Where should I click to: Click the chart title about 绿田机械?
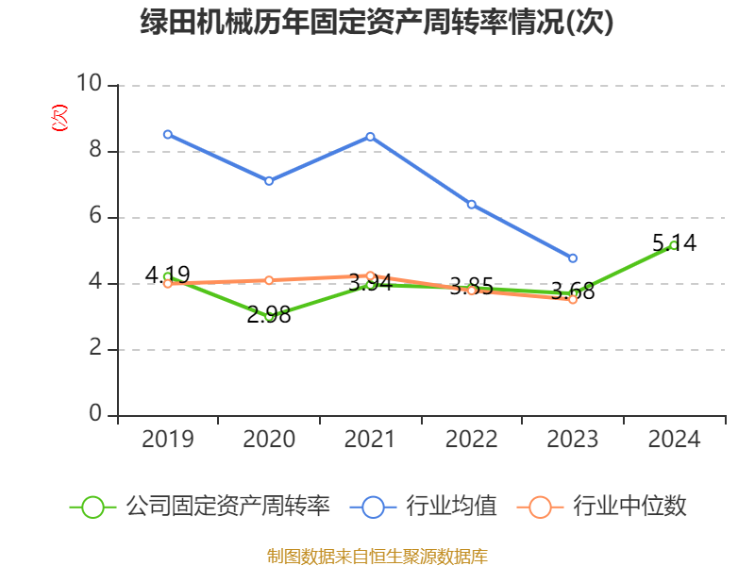click(x=377, y=23)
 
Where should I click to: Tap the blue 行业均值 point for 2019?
click(x=168, y=134)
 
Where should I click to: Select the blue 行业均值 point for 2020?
click(x=269, y=181)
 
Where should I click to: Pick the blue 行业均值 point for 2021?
click(x=370, y=137)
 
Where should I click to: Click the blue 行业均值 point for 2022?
click(x=471, y=204)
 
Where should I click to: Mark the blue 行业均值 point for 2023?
click(x=573, y=258)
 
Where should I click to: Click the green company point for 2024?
click(x=673, y=245)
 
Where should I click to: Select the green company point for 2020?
click(x=269, y=316)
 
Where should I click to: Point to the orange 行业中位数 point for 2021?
click(x=370, y=275)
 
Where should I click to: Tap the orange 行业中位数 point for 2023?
click(x=573, y=299)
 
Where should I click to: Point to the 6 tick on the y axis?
click(x=94, y=216)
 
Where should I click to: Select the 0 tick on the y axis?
click(x=94, y=414)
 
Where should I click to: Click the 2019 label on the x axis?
click(x=168, y=440)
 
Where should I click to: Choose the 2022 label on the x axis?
click(x=471, y=440)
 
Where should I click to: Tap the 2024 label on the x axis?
click(x=674, y=440)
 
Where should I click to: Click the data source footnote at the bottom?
click(x=377, y=556)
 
